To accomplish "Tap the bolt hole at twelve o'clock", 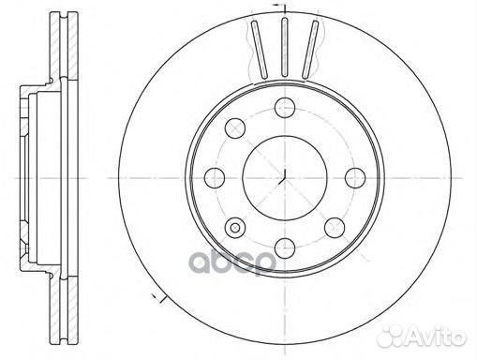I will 283,107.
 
